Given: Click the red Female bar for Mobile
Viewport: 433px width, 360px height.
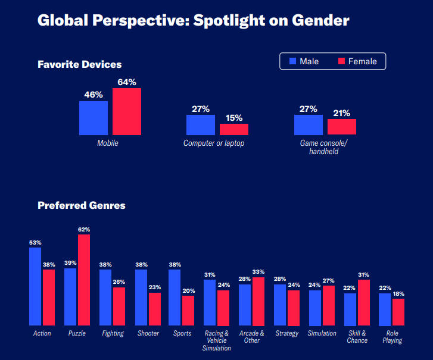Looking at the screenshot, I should [x=127, y=111].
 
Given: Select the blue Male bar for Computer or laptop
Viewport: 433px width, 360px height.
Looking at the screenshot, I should [x=201, y=125].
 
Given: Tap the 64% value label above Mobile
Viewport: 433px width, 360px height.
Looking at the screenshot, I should [x=127, y=82].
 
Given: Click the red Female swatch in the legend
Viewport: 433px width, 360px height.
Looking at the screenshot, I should [x=342, y=61].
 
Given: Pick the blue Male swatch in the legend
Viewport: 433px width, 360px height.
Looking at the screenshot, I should [x=293, y=61].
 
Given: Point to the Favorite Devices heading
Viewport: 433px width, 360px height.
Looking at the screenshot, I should [x=80, y=64].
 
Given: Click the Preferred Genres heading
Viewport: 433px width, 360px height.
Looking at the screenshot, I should [x=82, y=205].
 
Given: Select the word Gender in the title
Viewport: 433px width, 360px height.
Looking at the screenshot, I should [x=320, y=21].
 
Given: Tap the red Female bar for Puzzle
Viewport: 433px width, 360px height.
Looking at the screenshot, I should [x=84, y=280].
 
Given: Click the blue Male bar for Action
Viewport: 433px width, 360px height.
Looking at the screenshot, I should [x=35, y=286].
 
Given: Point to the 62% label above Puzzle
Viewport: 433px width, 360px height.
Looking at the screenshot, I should [x=84, y=229].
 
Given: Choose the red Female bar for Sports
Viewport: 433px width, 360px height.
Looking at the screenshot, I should [x=188, y=310].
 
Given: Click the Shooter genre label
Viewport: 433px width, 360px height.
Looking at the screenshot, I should [x=148, y=333].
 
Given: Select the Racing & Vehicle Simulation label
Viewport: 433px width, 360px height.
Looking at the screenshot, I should [x=217, y=340].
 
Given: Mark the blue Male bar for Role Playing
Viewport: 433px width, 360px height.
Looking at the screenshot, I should [x=385, y=309].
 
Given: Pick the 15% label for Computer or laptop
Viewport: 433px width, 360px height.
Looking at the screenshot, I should [x=233, y=117].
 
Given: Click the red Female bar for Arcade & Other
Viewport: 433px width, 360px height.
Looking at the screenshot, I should [x=258, y=301].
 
